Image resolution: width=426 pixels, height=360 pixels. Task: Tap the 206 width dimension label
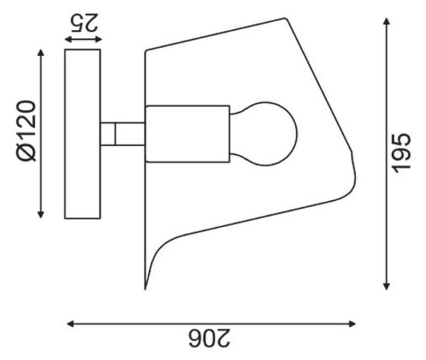[x=209, y=338]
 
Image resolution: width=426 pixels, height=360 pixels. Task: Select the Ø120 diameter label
[x=26, y=131]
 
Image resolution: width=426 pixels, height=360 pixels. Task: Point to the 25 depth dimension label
[x=84, y=22]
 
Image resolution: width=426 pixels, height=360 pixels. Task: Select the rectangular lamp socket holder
[x=187, y=133]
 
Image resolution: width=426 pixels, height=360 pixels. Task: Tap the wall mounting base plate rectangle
[x=82, y=134]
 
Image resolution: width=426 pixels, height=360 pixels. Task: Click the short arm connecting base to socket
[x=123, y=134]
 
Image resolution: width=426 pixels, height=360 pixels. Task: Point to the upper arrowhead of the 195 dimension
[x=387, y=21]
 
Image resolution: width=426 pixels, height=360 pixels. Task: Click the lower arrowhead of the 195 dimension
[x=387, y=286]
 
